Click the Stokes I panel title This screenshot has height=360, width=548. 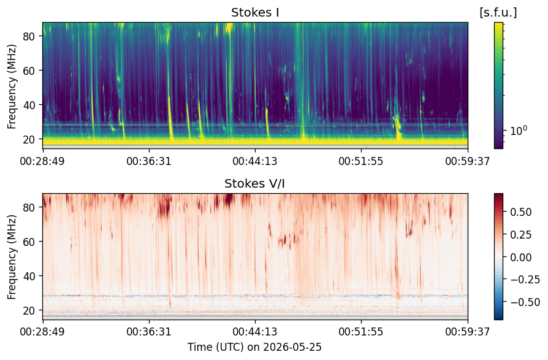255,13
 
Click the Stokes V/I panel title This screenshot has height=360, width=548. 254,183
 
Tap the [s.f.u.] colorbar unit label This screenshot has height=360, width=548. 498,13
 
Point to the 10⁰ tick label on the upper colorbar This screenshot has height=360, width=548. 519,131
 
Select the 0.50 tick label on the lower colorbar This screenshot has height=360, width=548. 521,212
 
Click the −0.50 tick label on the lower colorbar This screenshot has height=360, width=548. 525,302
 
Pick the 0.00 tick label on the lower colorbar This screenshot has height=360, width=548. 521,257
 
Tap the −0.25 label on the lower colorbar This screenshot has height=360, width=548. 525,280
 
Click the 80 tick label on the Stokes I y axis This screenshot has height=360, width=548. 28,36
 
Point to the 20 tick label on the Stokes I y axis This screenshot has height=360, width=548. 28,139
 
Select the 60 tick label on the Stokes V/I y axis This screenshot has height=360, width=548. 28,242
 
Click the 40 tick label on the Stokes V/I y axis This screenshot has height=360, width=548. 28,276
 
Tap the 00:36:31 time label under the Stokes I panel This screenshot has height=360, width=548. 149,161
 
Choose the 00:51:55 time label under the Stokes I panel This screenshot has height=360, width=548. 361,161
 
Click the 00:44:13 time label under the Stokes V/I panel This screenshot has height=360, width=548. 255,331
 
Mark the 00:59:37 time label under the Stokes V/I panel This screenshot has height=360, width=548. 468,331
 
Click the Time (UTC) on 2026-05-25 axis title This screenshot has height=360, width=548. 255,347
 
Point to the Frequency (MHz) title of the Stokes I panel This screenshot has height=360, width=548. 12,86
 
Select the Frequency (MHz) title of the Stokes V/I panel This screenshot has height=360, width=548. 12,257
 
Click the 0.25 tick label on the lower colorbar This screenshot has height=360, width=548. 521,235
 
